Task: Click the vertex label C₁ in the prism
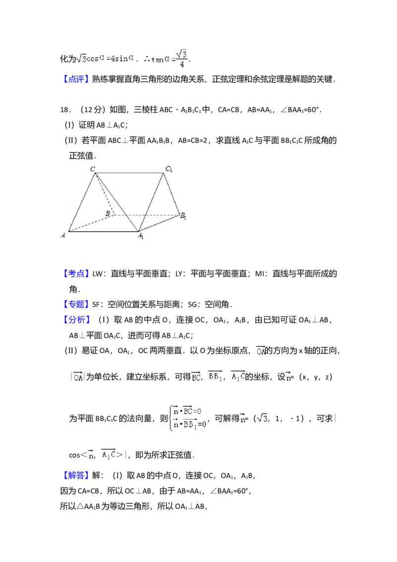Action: (x=169, y=170)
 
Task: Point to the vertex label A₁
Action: (x=141, y=236)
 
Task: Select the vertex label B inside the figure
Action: (x=107, y=213)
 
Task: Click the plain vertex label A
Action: (x=63, y=235)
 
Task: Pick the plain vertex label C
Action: (x=92, y=169)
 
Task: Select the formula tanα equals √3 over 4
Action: (x=169, y=60)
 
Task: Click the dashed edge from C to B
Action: (x=104, y=194)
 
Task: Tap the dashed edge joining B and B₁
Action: (x=146, y=215)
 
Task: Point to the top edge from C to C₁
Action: (x=130, y=173)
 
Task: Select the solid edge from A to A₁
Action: (x=103, y=231)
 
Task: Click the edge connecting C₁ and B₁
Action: (x=172, y=194)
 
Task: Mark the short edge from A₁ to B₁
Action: (x=159, y=223)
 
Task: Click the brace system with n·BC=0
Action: (x=188, y=417)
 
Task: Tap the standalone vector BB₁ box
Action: (x=216, y=377)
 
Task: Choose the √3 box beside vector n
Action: (x=262, y=419)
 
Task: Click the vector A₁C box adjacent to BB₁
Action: (x=238, y=377)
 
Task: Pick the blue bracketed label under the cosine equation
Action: (x=77, y=78)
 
